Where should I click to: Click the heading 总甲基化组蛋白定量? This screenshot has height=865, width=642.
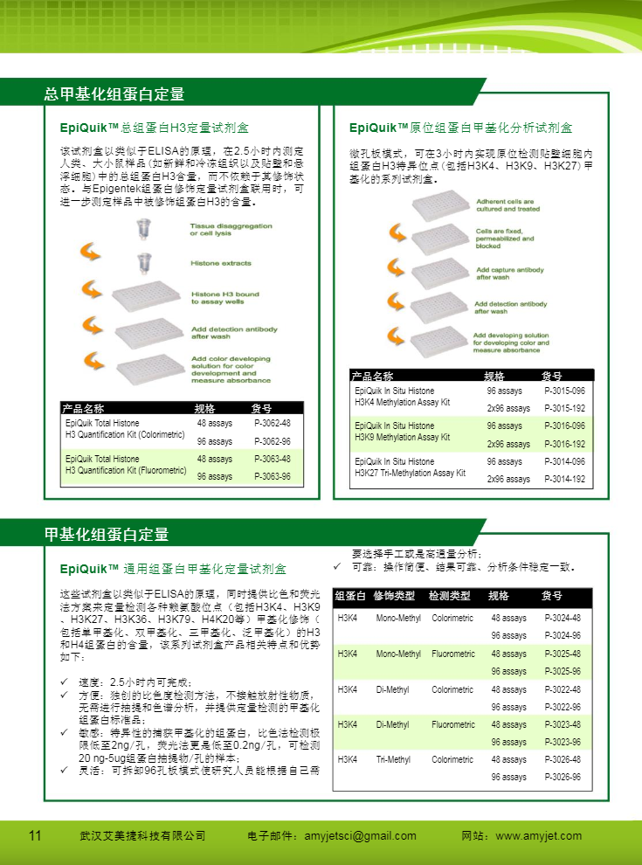click(x=114, y=93)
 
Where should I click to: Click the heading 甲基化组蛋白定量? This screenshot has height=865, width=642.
click(x=107, y=534)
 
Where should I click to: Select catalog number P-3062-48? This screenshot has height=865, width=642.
click(x=273, y=423)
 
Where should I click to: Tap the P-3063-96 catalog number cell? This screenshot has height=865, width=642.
click(x=273, y=477)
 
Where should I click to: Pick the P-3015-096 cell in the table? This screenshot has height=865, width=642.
click(x=564, y=391)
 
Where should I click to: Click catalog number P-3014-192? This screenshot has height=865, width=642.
click(x=564, y=479)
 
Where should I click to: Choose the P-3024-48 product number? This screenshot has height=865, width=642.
click(x=562, y=618)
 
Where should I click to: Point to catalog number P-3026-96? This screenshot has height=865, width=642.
click(x=562, y=777)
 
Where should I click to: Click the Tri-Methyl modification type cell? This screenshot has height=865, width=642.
click(x=393, y=759)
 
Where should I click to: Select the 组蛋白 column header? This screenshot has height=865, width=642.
click(x=350, y=596)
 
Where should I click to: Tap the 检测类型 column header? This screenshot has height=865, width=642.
click(x=450, y=596)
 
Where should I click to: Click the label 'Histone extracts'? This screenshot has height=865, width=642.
click(x=221, y=263)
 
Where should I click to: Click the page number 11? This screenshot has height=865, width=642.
click(x=35, y=835)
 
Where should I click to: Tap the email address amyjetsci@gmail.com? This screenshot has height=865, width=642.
click(x=360, y=836)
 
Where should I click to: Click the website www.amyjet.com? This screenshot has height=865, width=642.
click(x=538, y=836)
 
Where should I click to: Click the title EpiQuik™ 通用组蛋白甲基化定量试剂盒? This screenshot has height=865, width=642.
click(x=173, y=570)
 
